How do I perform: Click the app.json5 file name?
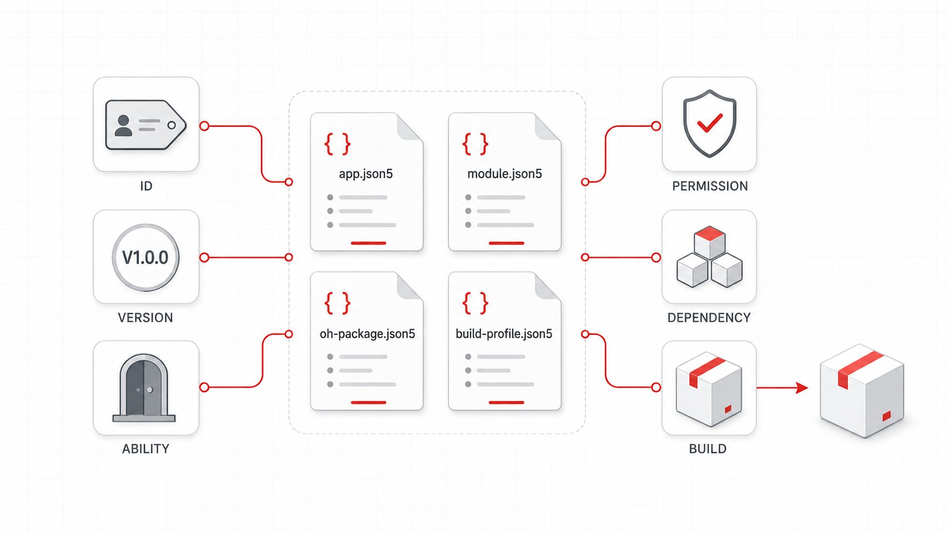(366, 174)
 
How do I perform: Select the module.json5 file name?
(505, 174)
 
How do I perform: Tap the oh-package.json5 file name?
(367, 334)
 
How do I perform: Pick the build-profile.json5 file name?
(503, 334)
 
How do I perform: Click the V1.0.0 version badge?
(146, 257)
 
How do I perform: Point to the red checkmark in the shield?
(710, 123)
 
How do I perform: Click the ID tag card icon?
(146, 125)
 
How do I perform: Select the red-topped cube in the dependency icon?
(710, 242)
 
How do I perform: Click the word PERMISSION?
(710, 186)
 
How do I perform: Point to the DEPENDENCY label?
(709, 318)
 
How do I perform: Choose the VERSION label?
(145, 318)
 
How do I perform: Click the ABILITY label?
(146, 449)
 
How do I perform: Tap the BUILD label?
(708, 449)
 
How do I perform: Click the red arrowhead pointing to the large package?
(802, 387)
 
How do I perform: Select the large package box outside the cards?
(862, 391)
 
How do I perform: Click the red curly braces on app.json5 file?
(337, 144)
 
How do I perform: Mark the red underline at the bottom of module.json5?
(506, 244)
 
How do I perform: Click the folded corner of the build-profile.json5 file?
(548, 285)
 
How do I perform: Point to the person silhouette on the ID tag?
(123, 126)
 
